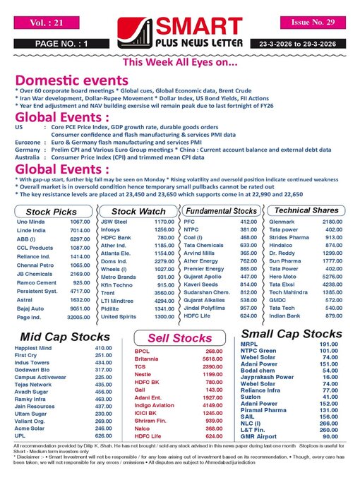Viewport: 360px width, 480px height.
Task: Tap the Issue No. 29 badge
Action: point(311,23)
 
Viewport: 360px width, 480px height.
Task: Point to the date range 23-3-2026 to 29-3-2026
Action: point(308,44)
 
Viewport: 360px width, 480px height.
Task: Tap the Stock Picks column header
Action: point(52,212)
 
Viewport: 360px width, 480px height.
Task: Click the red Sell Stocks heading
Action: point(179,338)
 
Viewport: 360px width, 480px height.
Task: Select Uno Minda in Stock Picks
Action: point(30,222)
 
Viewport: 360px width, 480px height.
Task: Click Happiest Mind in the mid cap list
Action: point(35,348)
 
